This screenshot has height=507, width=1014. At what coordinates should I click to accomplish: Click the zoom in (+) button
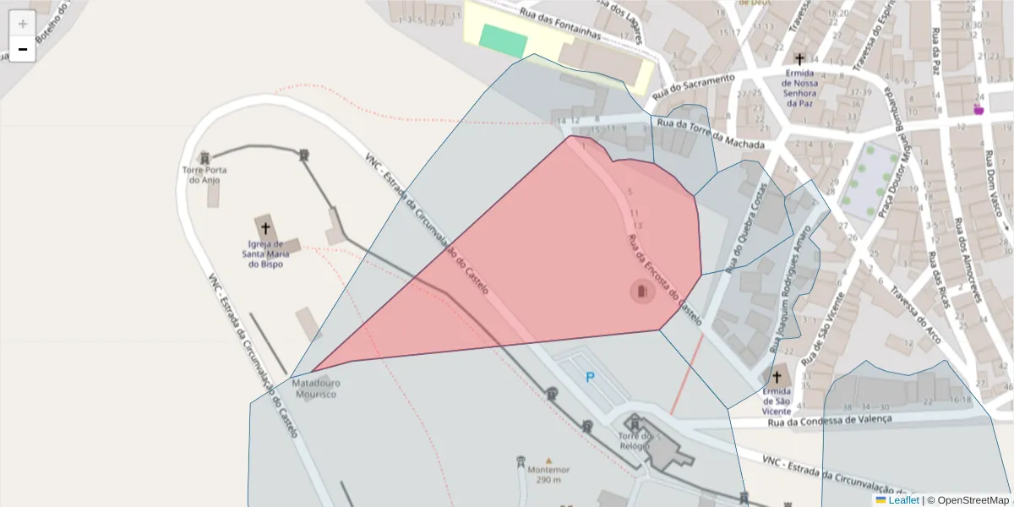(23, 24)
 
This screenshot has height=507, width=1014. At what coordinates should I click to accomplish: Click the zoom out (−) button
(23, 49)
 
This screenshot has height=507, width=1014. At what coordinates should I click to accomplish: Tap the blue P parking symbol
(590, 378)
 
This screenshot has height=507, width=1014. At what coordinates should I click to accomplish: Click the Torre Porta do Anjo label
(204, 174)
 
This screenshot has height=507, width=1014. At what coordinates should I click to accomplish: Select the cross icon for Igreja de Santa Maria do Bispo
(266, 227)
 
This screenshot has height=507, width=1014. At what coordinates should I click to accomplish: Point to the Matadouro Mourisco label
(316, 388)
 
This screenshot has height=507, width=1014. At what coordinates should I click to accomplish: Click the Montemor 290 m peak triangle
(548, 461)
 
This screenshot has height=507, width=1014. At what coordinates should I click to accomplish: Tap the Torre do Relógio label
(634, 441)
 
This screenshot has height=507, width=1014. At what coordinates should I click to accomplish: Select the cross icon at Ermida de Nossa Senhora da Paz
(799, 59)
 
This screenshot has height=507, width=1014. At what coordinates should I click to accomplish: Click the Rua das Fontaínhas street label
(560, 24)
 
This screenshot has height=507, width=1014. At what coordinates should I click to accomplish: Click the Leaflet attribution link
(897, 500)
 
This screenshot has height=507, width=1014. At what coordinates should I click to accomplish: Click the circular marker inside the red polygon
(643, 292)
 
